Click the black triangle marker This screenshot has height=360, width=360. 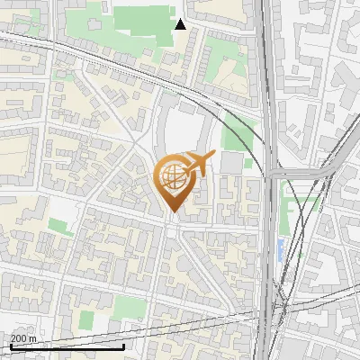180,23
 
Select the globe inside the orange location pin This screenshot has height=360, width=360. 174,178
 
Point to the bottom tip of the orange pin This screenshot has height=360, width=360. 173,212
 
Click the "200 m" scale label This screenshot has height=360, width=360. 24,337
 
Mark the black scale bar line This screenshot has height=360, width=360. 67,346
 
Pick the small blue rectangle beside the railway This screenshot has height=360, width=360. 281,247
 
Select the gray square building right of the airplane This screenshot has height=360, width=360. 231,163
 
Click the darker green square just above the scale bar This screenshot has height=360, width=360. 85,319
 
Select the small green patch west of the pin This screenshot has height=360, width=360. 58,225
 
